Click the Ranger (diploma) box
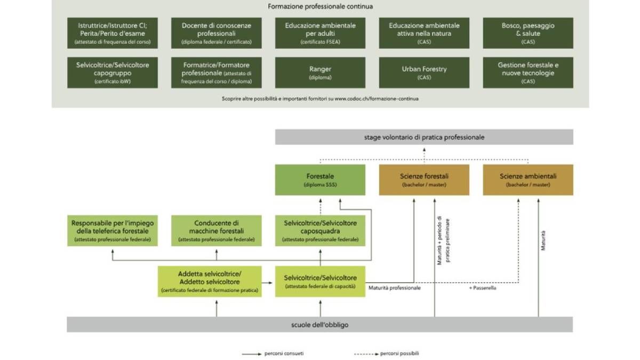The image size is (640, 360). pos(320,73)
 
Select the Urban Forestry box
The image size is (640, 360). pos(424,73)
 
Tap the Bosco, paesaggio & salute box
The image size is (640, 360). pos(528,33)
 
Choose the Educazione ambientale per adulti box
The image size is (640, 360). pos(320,33)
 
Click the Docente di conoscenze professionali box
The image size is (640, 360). pos(216,33)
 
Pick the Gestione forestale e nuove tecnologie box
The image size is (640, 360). pos(528,73)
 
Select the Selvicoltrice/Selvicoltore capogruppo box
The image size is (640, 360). pos(113,73)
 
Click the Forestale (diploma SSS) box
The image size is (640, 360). pos(320,180)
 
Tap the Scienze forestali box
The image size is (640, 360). pos(424,180)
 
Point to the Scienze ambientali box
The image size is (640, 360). pos(528,180)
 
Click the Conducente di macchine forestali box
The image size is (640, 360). pos(217,230)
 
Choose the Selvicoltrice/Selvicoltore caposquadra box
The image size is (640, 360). pos(320,230)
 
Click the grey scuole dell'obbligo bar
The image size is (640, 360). pos(320,324)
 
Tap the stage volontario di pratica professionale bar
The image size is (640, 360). pos(424,137)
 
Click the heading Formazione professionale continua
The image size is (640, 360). pos(320,7)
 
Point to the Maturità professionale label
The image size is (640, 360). pos(395,288)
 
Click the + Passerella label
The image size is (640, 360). pos(483,288)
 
